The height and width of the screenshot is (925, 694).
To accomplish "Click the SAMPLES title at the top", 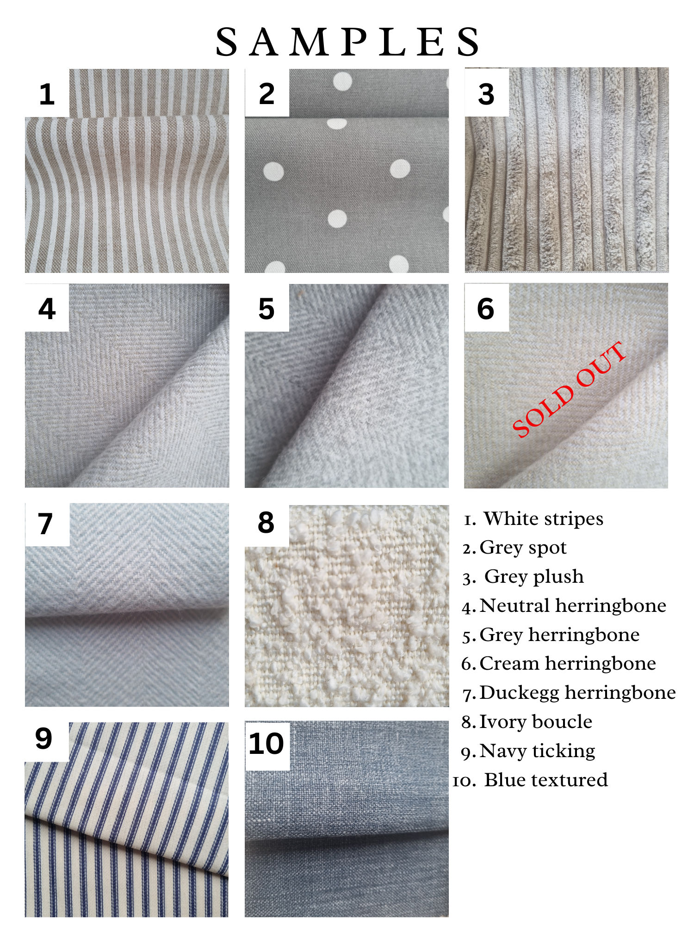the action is click(x=348, y=42).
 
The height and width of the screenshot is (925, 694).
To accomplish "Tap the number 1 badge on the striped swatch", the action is click(x=47, y=93).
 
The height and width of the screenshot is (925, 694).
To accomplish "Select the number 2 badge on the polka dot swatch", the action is click(x=267, y=93).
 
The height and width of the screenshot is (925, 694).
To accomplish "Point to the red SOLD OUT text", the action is click(x=570, y=389).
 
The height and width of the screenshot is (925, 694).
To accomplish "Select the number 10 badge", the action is click(x=267, y=744).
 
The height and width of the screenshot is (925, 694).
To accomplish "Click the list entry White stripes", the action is click(x=533, y=519).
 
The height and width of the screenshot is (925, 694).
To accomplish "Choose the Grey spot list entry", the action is click(x=514, y=548).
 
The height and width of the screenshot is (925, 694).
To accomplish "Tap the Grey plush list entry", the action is click(x=523, y=577).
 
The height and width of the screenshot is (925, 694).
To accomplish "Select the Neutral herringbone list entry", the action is click(x=564, y=605).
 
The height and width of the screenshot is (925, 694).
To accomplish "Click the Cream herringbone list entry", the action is click(x=559, y=663).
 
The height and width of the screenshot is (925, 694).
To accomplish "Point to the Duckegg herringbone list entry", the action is click(x=569, y=692).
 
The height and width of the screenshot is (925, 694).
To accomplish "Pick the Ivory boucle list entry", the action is click(x=527, y=721).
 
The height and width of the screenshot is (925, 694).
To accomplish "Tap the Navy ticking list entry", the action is click(x=528, y=751).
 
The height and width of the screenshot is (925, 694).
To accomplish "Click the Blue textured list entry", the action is click(x=530, y=780).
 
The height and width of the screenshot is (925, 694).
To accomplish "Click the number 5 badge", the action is click(x=266, y=308).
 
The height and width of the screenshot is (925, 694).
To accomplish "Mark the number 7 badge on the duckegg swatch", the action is click(x=47, y=524).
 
